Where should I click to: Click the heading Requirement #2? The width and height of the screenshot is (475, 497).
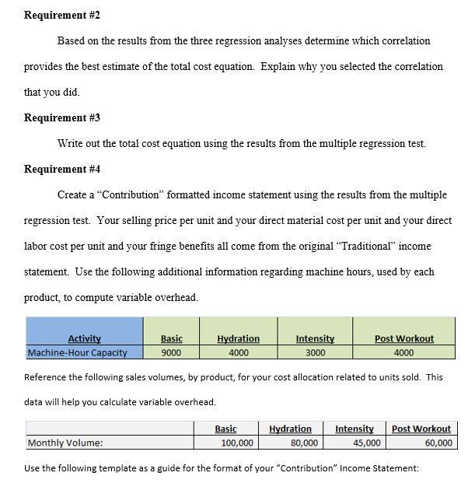tap(63, 16)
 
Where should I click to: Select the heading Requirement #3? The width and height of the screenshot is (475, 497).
tap(63, 117)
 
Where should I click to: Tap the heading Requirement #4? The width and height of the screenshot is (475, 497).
tap(63, 169)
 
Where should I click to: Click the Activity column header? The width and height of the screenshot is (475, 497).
tap(84, 338)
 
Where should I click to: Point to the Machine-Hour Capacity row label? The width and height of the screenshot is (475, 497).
tap(77, 352)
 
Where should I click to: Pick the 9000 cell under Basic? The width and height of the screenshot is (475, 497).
tap(171, 352)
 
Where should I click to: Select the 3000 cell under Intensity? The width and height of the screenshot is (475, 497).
tap(315, 352)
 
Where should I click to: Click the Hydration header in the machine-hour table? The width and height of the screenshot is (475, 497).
tap(238, 338)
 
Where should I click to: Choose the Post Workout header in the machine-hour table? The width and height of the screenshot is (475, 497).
tap(404, 338)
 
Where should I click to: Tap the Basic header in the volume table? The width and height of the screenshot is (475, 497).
tap(225, 429)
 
